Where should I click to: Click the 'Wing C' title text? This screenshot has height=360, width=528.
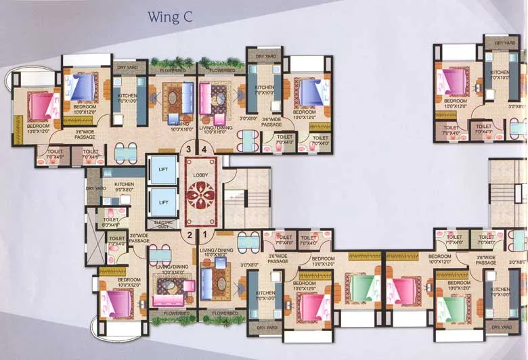pos(171,18)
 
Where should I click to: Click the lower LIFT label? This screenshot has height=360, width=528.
pos(162,202)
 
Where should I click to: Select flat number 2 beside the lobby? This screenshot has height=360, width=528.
pos(190,235)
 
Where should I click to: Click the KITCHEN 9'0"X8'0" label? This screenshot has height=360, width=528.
pos(124,188)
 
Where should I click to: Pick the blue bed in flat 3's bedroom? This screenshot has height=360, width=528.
pos(83,87)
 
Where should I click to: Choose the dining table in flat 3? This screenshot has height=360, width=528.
pos(124,152)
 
